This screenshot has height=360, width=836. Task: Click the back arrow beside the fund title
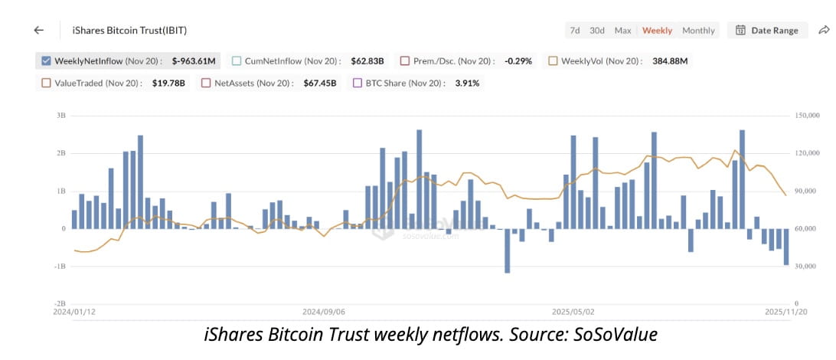click(39, 30)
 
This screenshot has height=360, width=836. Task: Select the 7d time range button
click(574, 31)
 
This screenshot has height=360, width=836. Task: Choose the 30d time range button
click(597, 31)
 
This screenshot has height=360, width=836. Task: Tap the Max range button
click(623, 31)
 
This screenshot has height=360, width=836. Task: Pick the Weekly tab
click(657, 31)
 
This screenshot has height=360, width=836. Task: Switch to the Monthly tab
click(698, 31)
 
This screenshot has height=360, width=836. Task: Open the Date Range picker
click(766, 31)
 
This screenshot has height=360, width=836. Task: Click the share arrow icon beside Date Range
click(824, 30)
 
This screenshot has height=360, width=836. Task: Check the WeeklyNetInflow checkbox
click(46, 61)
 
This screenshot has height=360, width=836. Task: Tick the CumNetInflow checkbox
click(237, 61)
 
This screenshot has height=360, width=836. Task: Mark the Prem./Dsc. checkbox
click(405, 61)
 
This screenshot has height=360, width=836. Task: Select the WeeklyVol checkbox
click(554, 61)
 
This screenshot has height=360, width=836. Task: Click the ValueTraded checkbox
click(46, 83)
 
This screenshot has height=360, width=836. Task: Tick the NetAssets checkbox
click(206, 83)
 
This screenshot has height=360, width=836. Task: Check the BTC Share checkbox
click(357, 83)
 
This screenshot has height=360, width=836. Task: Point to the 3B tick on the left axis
click(60, 116)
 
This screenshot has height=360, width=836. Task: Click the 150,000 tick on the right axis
click(807, 116)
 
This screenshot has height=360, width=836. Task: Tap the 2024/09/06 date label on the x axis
click(323, 313)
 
